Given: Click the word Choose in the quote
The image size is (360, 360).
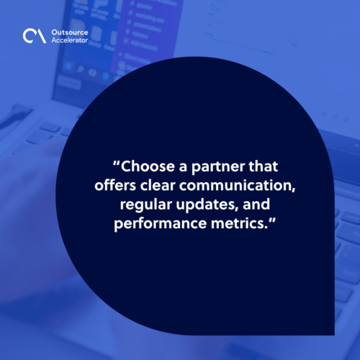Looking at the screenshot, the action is pos(148,166).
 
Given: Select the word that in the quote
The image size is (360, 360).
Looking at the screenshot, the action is pos(264,166).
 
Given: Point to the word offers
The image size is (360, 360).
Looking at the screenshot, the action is pos(115,185).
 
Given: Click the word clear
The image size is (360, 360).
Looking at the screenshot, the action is pos(158,185).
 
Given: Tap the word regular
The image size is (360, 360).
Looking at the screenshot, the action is pos(146,205).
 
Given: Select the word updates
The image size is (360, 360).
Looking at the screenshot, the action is pos(206,205).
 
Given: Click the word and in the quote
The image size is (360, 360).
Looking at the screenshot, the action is pos(256,204).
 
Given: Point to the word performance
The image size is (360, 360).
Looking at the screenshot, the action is pos(160,224).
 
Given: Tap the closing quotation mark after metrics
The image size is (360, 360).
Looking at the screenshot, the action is pos(272,220).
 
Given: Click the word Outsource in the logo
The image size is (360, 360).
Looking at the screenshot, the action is pos(70,32).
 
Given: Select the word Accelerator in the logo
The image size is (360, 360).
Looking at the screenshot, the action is pos(70,40).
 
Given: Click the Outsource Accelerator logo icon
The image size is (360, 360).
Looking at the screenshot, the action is pos(35,36).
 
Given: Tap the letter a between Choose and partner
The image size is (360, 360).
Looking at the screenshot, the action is pos(183,168).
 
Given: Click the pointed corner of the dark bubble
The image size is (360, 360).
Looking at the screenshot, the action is pos(334,335).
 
